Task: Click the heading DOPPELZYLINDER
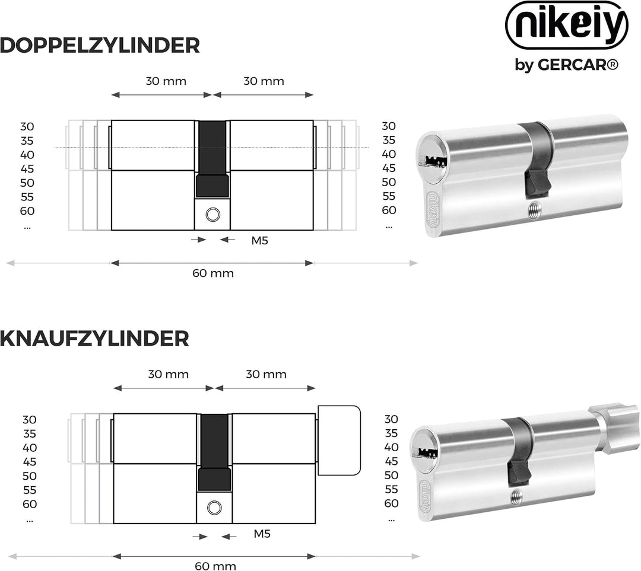pos(100,45)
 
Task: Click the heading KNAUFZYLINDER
pos(94,339)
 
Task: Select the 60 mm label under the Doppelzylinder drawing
pos(212,273)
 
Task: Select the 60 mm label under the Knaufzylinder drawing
pos(215,566)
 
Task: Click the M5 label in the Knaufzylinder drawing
pos(262,534)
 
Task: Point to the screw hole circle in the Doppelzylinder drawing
pos(212,215)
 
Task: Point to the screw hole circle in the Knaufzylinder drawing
pos(214,508)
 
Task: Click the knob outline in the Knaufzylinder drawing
pos(339,440)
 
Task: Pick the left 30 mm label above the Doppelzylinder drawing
pos(166,81)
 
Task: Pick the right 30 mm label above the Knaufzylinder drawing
pos(266,374)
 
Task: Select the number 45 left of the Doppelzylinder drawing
pos(27,168)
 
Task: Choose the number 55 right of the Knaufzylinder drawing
pos(391,489)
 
